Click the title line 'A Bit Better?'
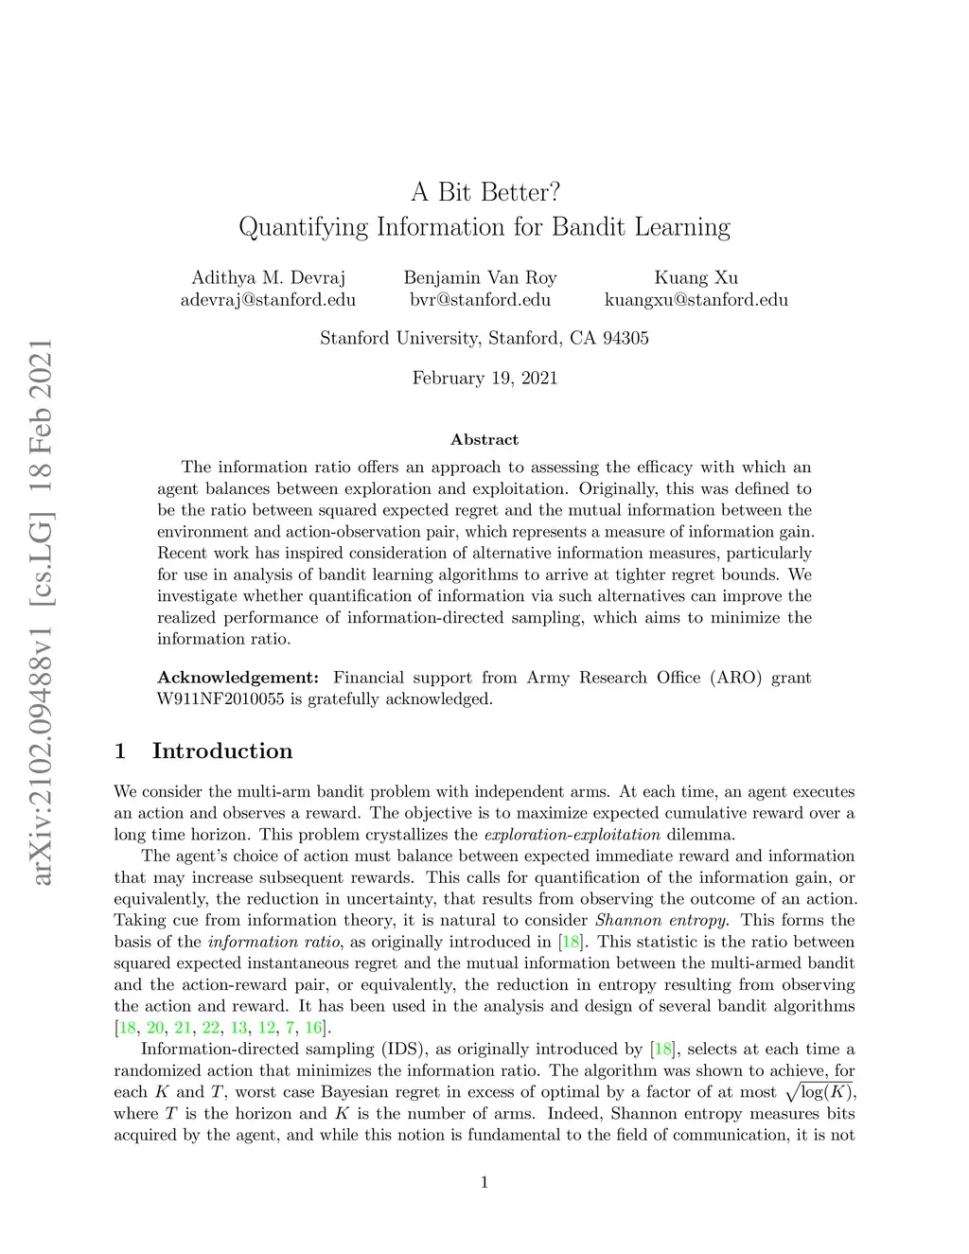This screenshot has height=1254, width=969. (484, 192)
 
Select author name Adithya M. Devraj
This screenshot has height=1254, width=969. (268, 277)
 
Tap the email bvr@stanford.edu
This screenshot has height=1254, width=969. (480, 300)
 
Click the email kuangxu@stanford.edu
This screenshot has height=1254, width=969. (696, 300)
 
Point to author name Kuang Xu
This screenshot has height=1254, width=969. (696, 277)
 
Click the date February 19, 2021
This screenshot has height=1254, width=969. (484, 378)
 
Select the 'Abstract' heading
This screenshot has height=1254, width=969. (484, 439)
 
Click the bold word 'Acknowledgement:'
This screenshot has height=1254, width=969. (238, 678)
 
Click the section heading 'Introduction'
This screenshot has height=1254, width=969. (222, 751)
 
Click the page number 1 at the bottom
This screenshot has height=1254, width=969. (484, 1182)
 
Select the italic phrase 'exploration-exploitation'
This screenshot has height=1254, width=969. (572, 835)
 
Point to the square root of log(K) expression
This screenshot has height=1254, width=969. (819, 1091)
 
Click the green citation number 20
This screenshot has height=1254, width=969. (154, 1027)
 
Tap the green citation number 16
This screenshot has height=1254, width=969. (313, 1027)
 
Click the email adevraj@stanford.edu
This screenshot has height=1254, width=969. (268, 300)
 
